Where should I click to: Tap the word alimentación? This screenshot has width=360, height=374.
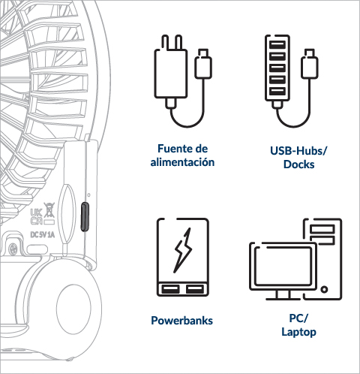click(x=182, y=162)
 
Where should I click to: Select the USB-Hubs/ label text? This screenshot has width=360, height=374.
click(x=298, y=151)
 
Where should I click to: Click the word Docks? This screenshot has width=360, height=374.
click(x=299, y=164)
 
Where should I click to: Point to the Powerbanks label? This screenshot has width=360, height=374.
click(x=181, y=321)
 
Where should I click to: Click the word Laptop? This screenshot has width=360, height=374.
click(x=298, y=332)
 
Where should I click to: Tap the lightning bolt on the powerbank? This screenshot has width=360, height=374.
click(x=183, y=250)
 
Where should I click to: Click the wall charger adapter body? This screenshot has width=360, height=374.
click(x=171, y=74)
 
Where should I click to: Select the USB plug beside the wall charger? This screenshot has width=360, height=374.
click(x=203, y=64)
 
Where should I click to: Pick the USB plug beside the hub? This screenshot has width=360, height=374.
click(x=310, y=64)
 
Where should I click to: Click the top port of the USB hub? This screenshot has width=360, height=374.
click(x=277, y=44)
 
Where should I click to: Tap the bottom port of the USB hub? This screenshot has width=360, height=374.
click(x=277, y=91)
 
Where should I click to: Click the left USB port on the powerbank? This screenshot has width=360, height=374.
click(x=170, y=289)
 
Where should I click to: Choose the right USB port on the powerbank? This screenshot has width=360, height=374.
click(x=195, y=289)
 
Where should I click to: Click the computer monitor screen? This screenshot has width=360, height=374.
click(x=283, y=266)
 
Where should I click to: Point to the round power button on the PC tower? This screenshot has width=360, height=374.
click(x=324, y=289)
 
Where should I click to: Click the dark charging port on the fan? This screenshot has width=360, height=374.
click(x=85, y=217)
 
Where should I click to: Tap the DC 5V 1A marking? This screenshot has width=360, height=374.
click(x=42, y=235)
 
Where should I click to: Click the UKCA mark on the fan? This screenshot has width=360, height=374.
click(x=36, y=217)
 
